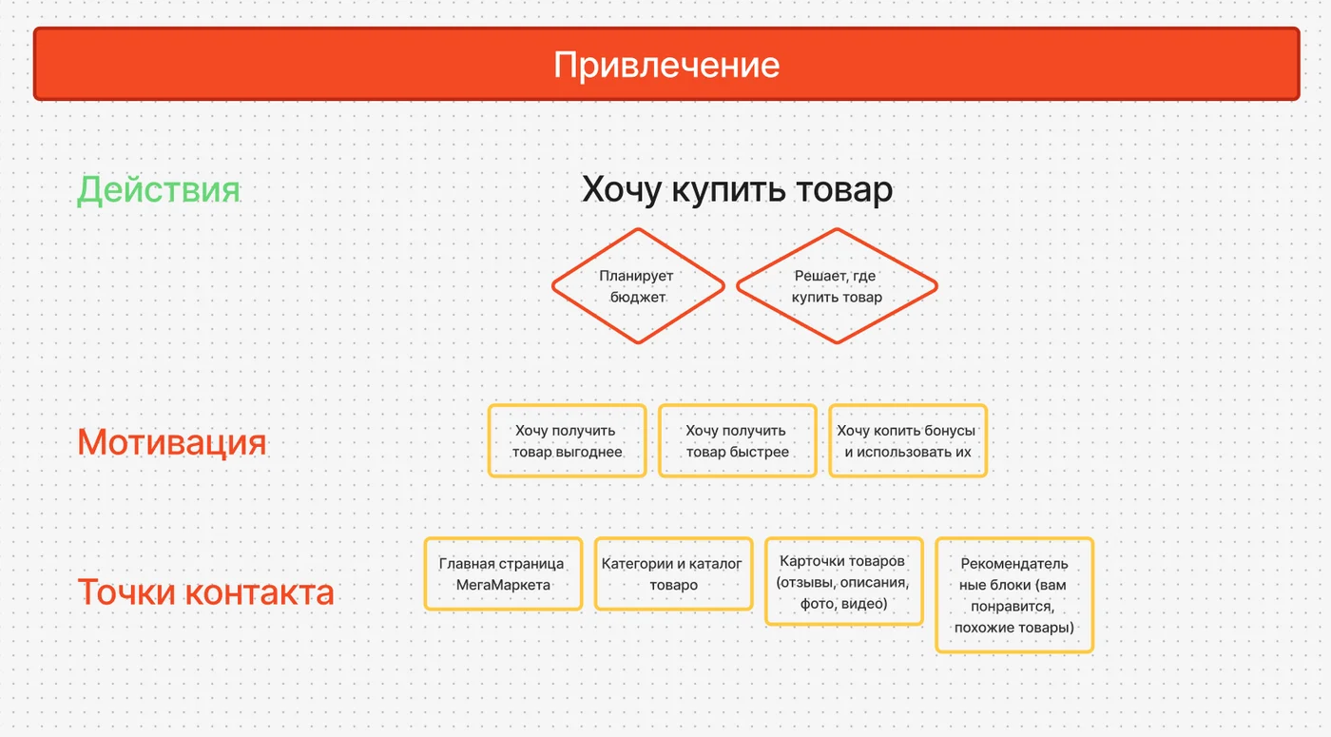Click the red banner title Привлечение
click(x=666, y=65)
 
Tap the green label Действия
click(x=159, y=190)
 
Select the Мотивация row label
click(x=172, y=442)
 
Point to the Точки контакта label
click(x=205, y=592)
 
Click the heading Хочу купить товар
click(x=737, y=189)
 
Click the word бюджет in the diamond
click(x=638, y=297)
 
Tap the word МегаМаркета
click(x=503, y=585)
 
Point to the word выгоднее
click(x=588, y=453)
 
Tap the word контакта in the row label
click(x=259, y=592)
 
